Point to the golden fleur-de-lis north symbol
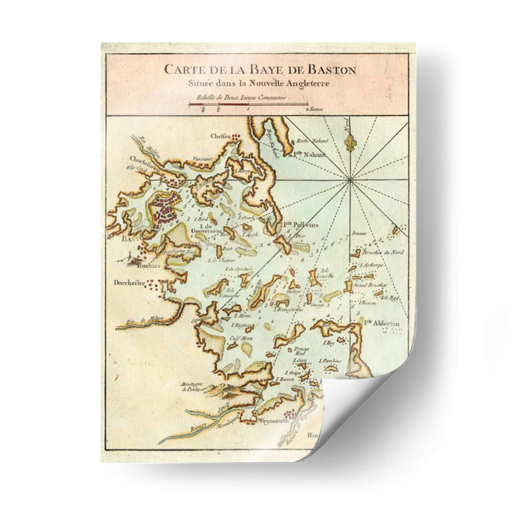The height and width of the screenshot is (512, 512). click(351, 142)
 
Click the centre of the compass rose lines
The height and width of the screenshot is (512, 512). click(350, 180)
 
